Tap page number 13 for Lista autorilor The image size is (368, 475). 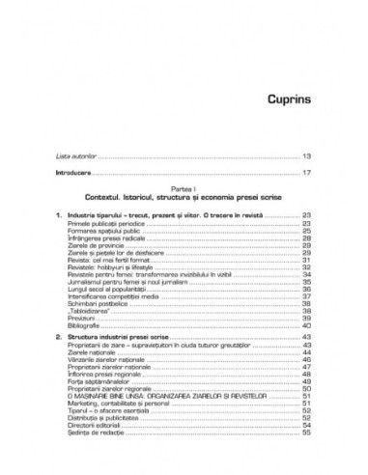coord(306,154)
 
